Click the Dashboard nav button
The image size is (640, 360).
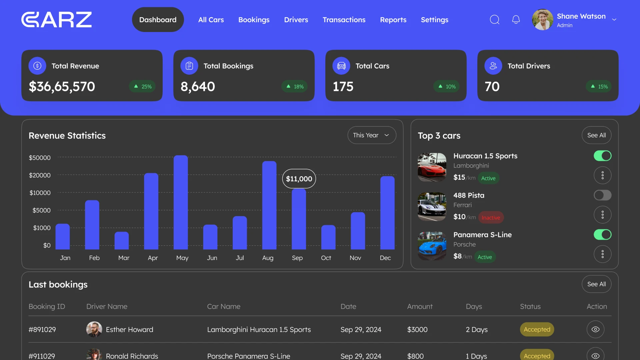coord(158,20)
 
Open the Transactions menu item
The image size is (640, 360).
coord(344,20)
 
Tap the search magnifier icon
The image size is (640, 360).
coord(494,20)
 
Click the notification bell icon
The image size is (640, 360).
coord(516,20)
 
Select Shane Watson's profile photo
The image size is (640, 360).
coord(542,20)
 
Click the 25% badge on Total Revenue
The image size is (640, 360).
coord(142,86)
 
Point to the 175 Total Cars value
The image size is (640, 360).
coord(343,86)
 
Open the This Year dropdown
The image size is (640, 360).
coord(372,135)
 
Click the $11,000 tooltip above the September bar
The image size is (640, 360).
coord(299,179)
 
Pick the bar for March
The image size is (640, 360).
coord(122,240)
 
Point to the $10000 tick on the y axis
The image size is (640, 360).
coord(40,193)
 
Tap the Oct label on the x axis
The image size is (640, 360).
coord(326,258)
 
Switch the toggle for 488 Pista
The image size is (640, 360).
coord(602,195)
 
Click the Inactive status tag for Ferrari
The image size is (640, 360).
coord(491,218)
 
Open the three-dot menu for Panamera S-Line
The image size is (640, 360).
coord(602,254)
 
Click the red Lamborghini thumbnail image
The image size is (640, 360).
coord(432,167)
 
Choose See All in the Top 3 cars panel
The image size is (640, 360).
coord(596,135)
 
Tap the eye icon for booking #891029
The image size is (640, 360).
coord(595,329)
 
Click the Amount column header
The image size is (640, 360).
coord(420,306)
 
